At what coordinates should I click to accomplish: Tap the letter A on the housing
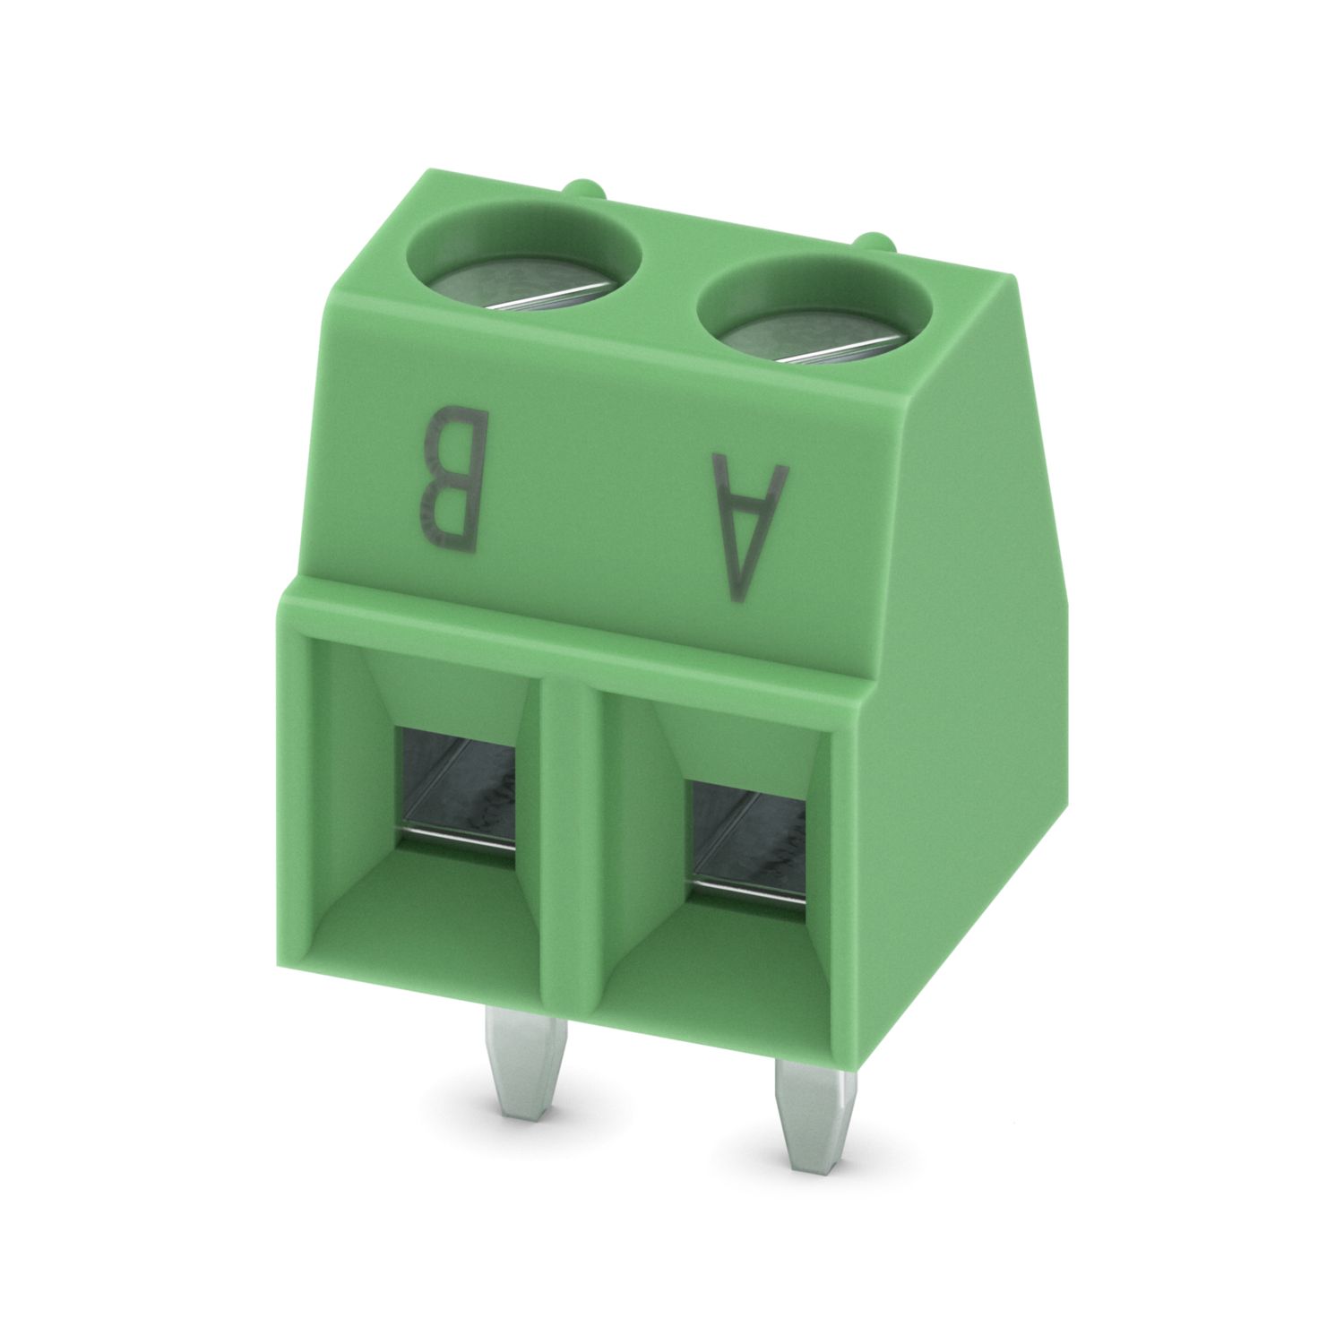[750, 527]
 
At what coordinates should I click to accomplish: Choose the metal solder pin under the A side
[811, 1112]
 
